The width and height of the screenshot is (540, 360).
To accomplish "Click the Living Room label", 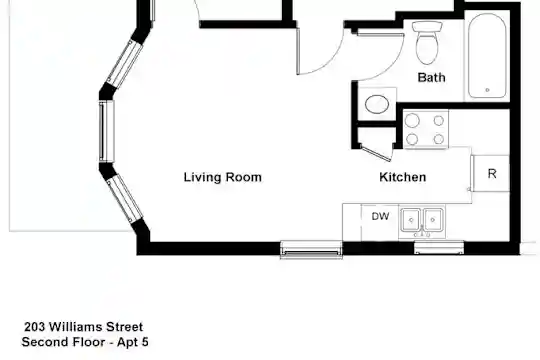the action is pyautogui.click(x=222, y=177).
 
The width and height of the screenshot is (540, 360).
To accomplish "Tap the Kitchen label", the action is pyautogui.click(x=403, y=177).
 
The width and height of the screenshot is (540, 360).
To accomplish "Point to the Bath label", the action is pyautogui.click(x=432, y=77).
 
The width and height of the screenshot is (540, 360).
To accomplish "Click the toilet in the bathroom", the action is pyautogui.click(x=427, y=43).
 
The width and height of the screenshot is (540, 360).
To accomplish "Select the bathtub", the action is pyautogui.click(x=487, y=55).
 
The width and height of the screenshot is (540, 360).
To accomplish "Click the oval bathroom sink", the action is pyautogui.click(x=377, y=104).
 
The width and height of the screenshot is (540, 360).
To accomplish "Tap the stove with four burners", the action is pyautogui.click(x=426, y=129).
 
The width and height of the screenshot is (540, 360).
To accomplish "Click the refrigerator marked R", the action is pyautogui.click(x=490, y=173).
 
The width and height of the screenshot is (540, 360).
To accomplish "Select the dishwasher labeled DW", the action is pyautogui.click(x=380, y=222).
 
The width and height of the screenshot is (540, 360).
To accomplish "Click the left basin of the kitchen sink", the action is pyautogui.click(x=411, y=219).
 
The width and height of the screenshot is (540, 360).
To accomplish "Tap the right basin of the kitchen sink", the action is pyautogui.click(x=433, y=219).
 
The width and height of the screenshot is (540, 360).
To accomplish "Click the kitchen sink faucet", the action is pyautogui.click(x=422, y=232).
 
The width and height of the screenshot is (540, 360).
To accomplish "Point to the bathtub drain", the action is pyautogui.click(x=487, y=90).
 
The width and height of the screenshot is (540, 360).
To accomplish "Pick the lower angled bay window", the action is pyautogui.click(x=125, y=199).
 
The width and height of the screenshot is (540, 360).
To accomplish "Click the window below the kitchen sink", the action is pyautogui.click(x=439, y=248).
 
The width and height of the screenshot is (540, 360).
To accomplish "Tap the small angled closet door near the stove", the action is pyautogui.click(x=376, y=153).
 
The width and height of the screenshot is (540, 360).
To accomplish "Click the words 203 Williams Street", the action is pyautogui.click(x=84, y=327).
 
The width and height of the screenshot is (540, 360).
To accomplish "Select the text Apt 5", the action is pyautogui.click(x=133, y=342).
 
